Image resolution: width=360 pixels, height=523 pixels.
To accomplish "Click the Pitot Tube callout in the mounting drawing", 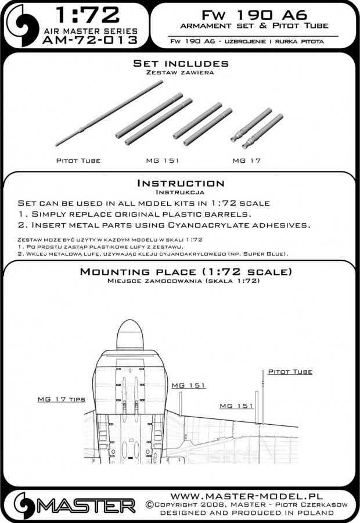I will tap(289, 371).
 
